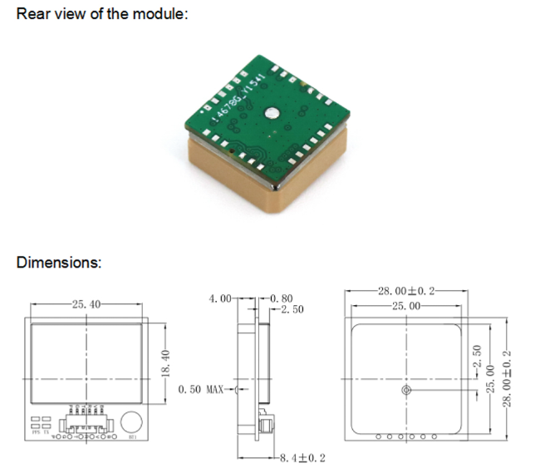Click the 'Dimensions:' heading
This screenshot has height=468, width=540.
(x=59, y=263)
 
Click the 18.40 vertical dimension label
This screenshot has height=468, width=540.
(x=164, y=367)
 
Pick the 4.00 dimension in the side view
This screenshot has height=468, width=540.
(x=221, y=298)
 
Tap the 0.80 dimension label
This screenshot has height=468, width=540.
(x=282, y=298)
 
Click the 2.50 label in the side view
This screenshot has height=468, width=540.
(x=291, y=309)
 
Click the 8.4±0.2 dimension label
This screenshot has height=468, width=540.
(x=303, y=458)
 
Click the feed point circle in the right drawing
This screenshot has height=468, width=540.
(x=405, y=390)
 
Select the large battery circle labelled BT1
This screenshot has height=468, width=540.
(x=131, y=420)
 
